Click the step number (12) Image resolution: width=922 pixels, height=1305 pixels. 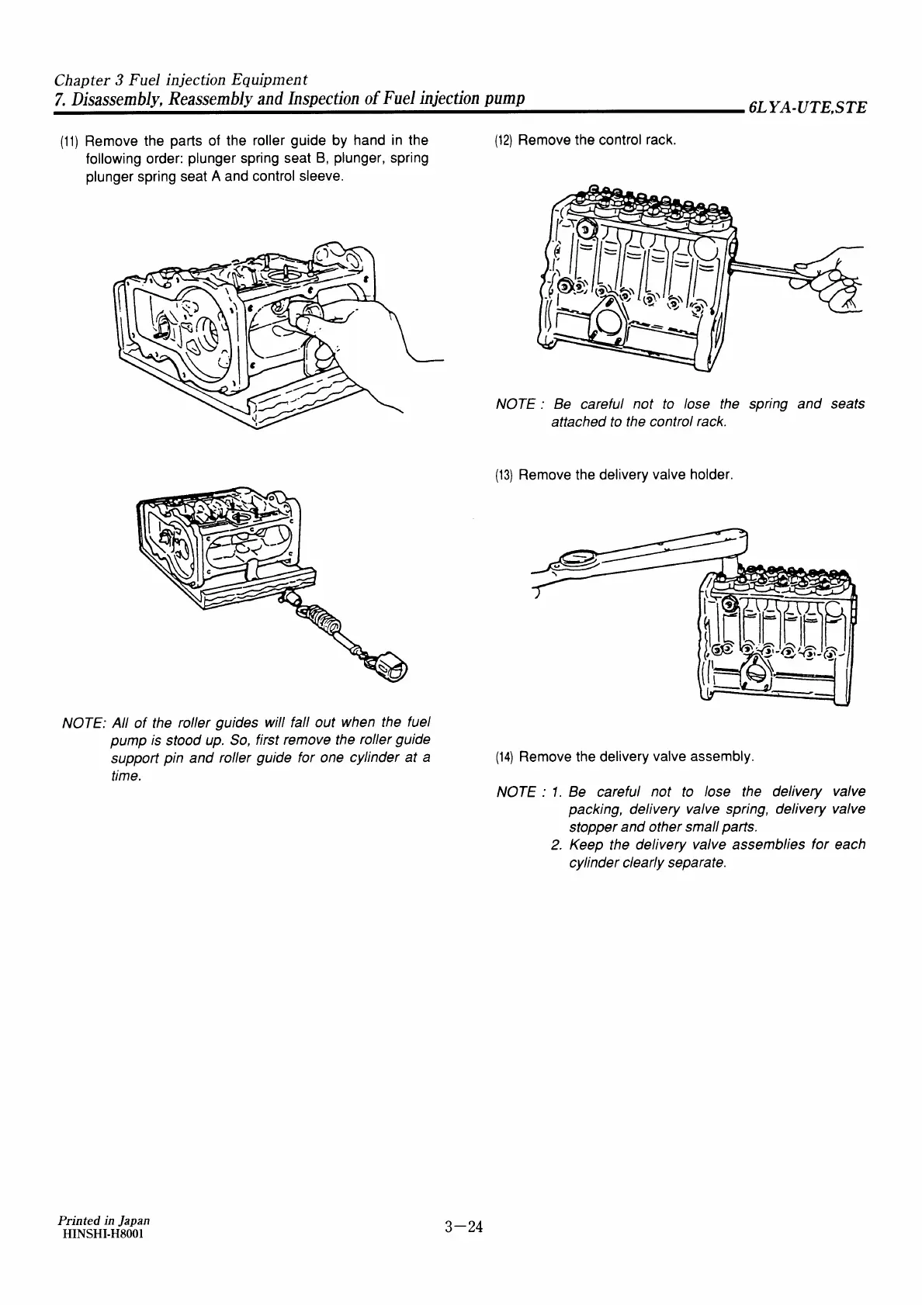(504, 141)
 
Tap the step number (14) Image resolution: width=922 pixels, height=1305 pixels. (504, 756)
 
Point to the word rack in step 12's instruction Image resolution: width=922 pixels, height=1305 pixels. (661, 141)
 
